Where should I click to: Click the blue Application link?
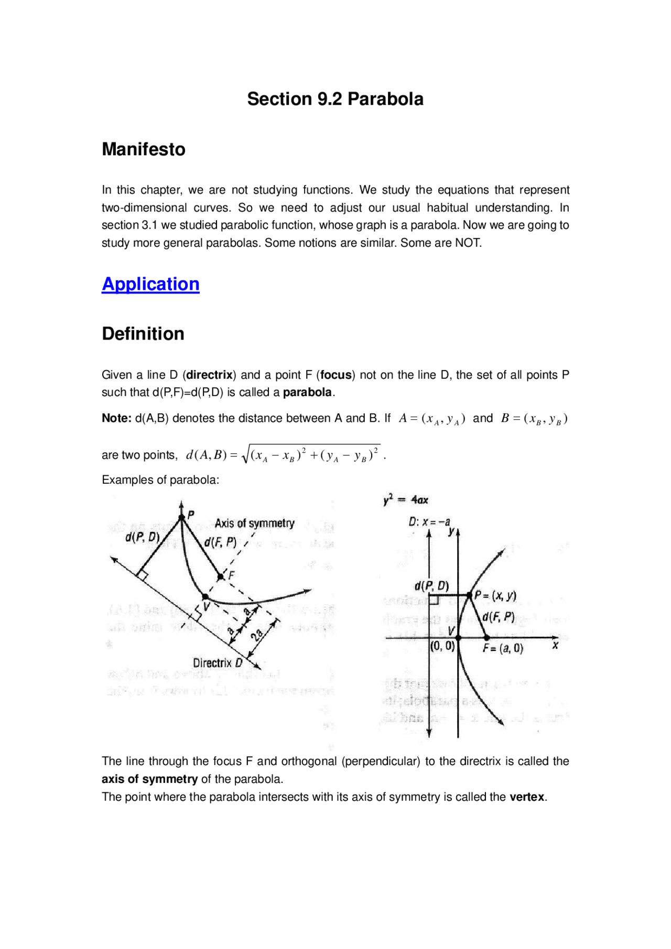point(150,284)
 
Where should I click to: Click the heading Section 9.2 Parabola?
point(335,99)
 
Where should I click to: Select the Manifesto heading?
point(143,149)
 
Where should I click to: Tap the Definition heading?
point(143,334)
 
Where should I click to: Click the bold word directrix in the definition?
point(210,375)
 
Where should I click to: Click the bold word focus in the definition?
point(336,375)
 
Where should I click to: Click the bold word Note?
point(116,418)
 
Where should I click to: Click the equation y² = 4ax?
point(406,500)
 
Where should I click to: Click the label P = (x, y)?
point(495,595)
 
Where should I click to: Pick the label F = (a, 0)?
point(503,648)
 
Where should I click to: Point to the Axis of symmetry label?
point(254,523)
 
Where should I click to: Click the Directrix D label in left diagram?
point(218,663)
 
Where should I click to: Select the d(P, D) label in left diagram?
point(142,537)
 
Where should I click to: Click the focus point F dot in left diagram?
point(221,576)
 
